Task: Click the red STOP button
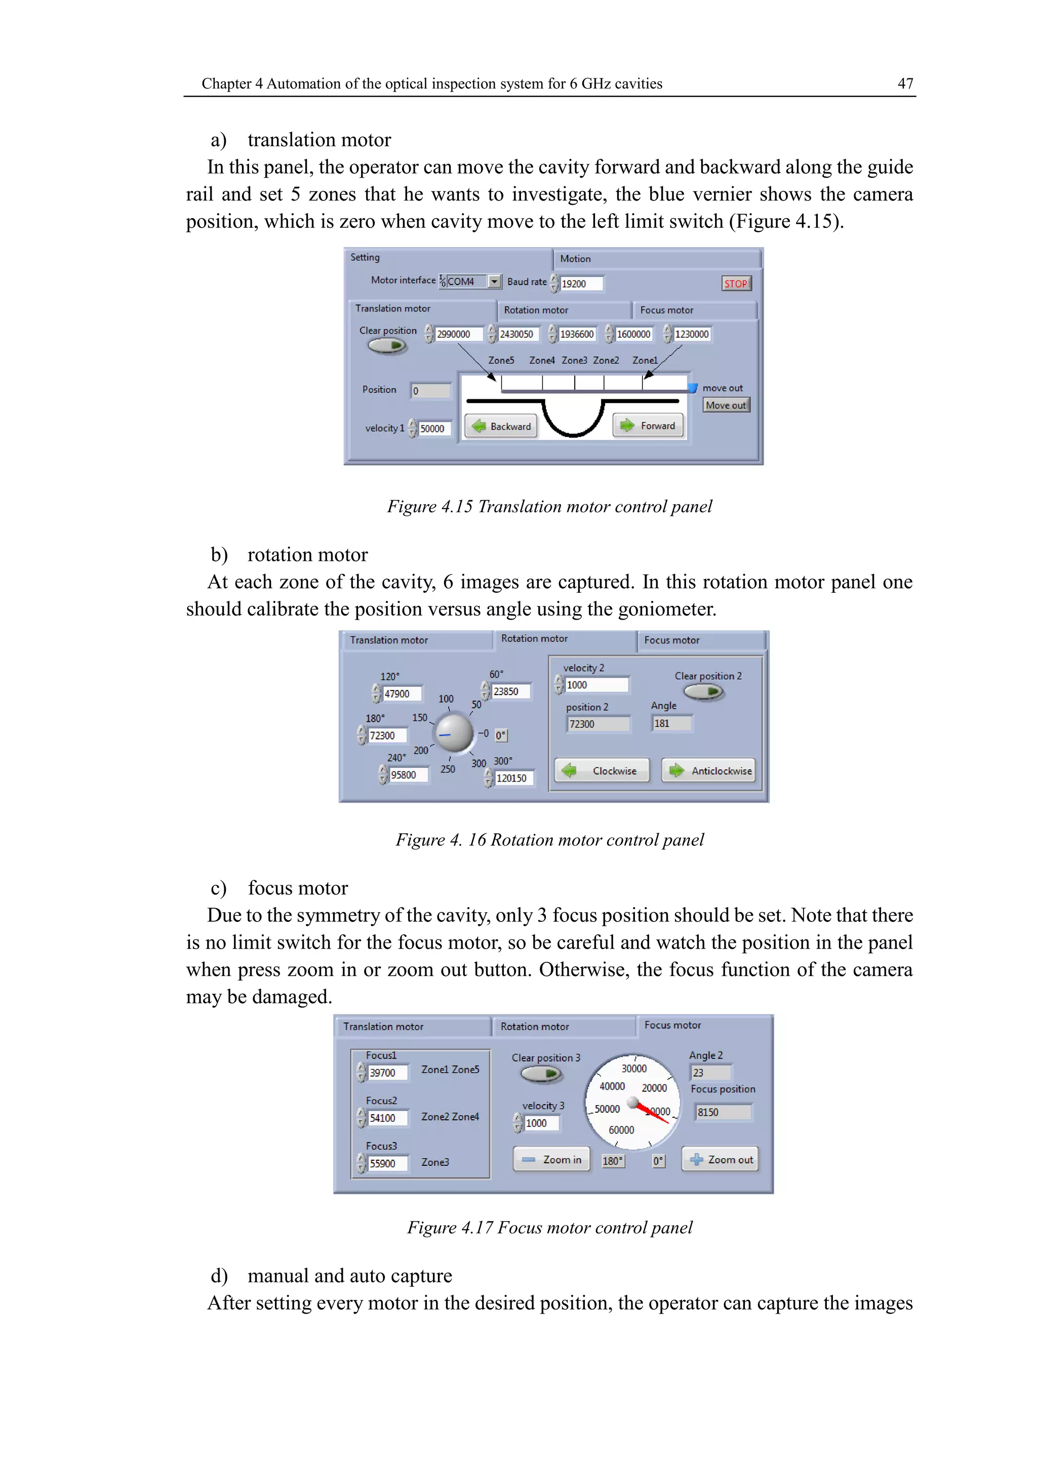[x=736, y=283]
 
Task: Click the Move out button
[x=726, y=405]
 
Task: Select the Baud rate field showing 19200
[x=581, y=283]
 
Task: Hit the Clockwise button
[x=602, y=770]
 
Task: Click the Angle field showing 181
[x=671, y=723]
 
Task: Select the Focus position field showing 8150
[x=724, y=1112]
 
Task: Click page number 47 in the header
[x=905, y=84]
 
